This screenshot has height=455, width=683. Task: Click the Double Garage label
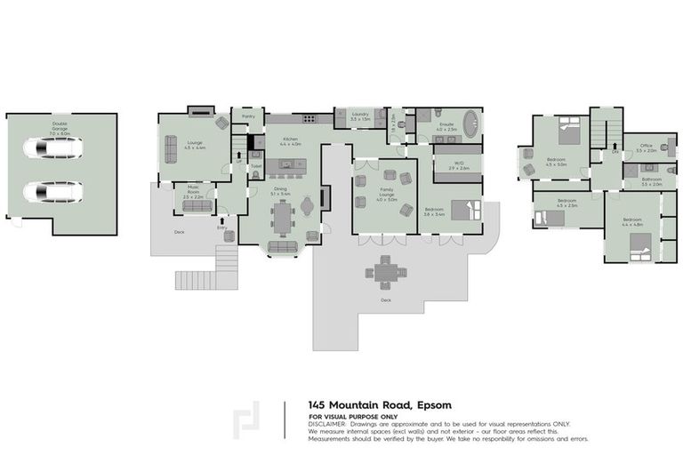point(60,126)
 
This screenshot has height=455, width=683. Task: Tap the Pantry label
point(248,116)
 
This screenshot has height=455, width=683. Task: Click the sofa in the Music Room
point(197,206)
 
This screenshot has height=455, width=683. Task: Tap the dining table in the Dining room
point(284,216)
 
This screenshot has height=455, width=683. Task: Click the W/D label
point(459,164)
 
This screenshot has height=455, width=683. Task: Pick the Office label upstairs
point(647,148)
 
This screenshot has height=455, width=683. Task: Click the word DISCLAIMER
point(328,424)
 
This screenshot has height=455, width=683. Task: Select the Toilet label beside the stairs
point(255,165)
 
